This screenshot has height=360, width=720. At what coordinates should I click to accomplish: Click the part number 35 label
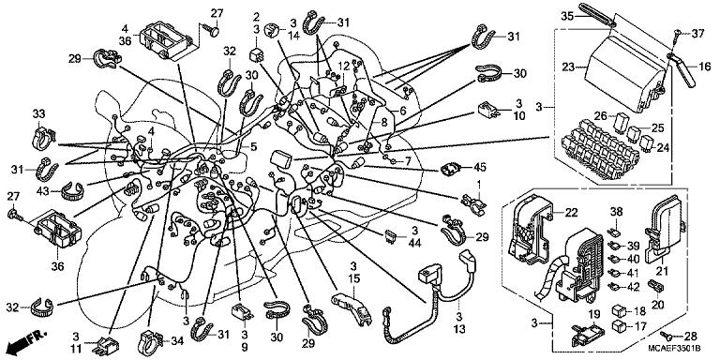pos(567,16)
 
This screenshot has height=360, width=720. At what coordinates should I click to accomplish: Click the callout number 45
pos(480,168)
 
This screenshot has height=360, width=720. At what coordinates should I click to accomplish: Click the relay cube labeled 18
pos(619,310)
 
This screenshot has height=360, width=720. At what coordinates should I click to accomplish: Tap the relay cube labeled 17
pos(619,326)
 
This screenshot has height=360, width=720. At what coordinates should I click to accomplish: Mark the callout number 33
pos(39,112)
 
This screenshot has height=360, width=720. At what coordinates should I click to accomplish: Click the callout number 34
pos(176,340)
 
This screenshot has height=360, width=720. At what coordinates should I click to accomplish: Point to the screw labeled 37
pos(677,33)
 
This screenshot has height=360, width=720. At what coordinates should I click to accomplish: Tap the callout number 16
pos(704,67)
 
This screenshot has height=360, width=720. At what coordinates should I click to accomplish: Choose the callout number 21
pos(661,272)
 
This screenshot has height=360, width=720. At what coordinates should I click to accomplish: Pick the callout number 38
pos(617,212)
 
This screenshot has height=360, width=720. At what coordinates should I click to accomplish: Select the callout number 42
pos(633,287)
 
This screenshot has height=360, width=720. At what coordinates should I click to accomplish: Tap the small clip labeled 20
pos(655,285)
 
